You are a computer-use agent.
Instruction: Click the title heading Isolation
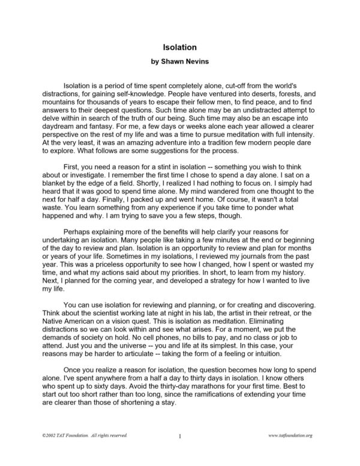(x=180, y=46)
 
